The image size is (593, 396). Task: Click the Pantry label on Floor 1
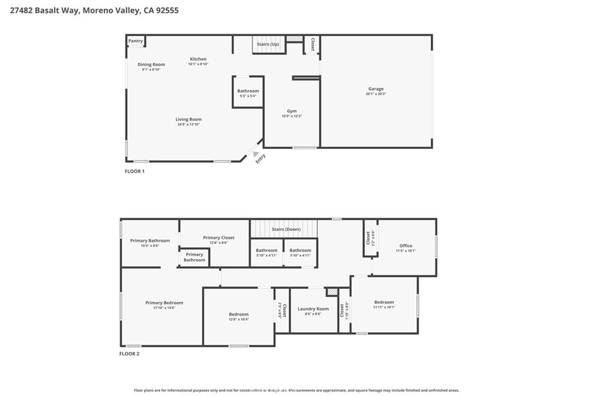coord(136,41)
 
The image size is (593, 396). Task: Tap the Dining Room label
coord(151,64)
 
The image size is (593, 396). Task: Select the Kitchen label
coord(198,59)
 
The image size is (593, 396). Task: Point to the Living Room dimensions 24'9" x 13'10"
coord(189,125)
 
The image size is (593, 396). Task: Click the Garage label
coord(375,89)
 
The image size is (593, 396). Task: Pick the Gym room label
coord(291,111)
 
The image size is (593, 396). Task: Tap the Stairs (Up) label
coord(268,44)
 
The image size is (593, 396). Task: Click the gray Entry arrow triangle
coord(255,154)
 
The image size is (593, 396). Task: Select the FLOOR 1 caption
coord(135,172)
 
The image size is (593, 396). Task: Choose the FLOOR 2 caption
coord(130,354)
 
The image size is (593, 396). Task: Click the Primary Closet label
coord(218,238)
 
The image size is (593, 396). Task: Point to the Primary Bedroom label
coord(164,303)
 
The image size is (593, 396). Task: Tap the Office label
coord(405,246)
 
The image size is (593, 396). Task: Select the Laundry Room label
coord(313,309)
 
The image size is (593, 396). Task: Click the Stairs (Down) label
coord(286,229)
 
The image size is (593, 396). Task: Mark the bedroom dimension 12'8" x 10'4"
coord(239,319)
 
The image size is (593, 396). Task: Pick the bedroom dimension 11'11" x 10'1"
coord(384,307)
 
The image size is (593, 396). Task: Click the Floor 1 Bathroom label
coord(248,91)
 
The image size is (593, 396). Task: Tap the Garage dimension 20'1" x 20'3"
coord(375,94)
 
